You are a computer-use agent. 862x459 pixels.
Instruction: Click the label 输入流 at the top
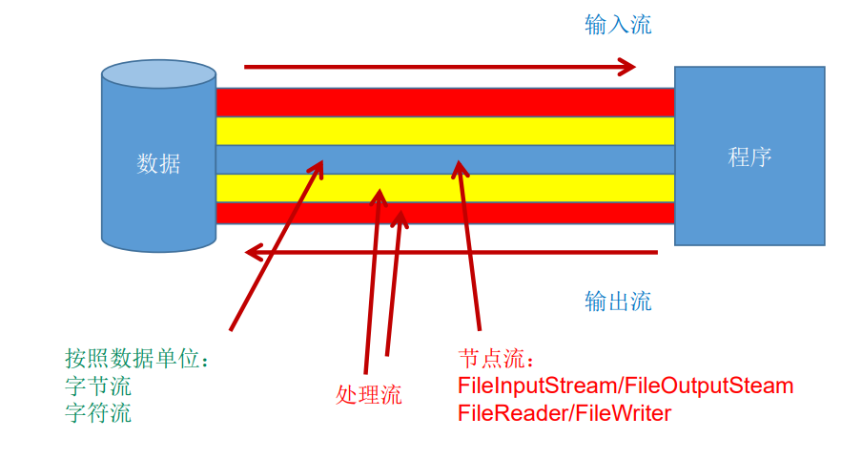[618, 25]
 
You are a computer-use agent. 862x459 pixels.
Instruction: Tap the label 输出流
[618, 302]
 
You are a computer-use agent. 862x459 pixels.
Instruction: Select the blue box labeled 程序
[749, 156]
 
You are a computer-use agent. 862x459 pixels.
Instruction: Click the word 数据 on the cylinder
[158, 164]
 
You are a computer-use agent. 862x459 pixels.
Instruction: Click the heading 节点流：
[497, 359]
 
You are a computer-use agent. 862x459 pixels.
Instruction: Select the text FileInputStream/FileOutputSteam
[626, 386]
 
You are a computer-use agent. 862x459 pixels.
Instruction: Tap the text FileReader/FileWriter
[564, 414]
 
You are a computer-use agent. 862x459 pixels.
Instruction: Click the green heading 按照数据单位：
[136, 359]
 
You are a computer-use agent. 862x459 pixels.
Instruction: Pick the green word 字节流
[98, 386]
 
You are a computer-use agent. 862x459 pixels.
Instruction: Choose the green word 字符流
[98, 414]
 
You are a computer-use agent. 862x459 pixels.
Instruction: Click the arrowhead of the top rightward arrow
[626, 67]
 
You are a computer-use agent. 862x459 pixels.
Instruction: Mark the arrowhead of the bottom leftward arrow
[254, 252]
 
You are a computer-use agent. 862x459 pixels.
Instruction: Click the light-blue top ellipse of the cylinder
[158, 74]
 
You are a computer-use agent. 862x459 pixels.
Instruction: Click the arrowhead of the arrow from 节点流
[460, 169]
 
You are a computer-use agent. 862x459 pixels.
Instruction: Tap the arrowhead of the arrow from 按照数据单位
[318, 168]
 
